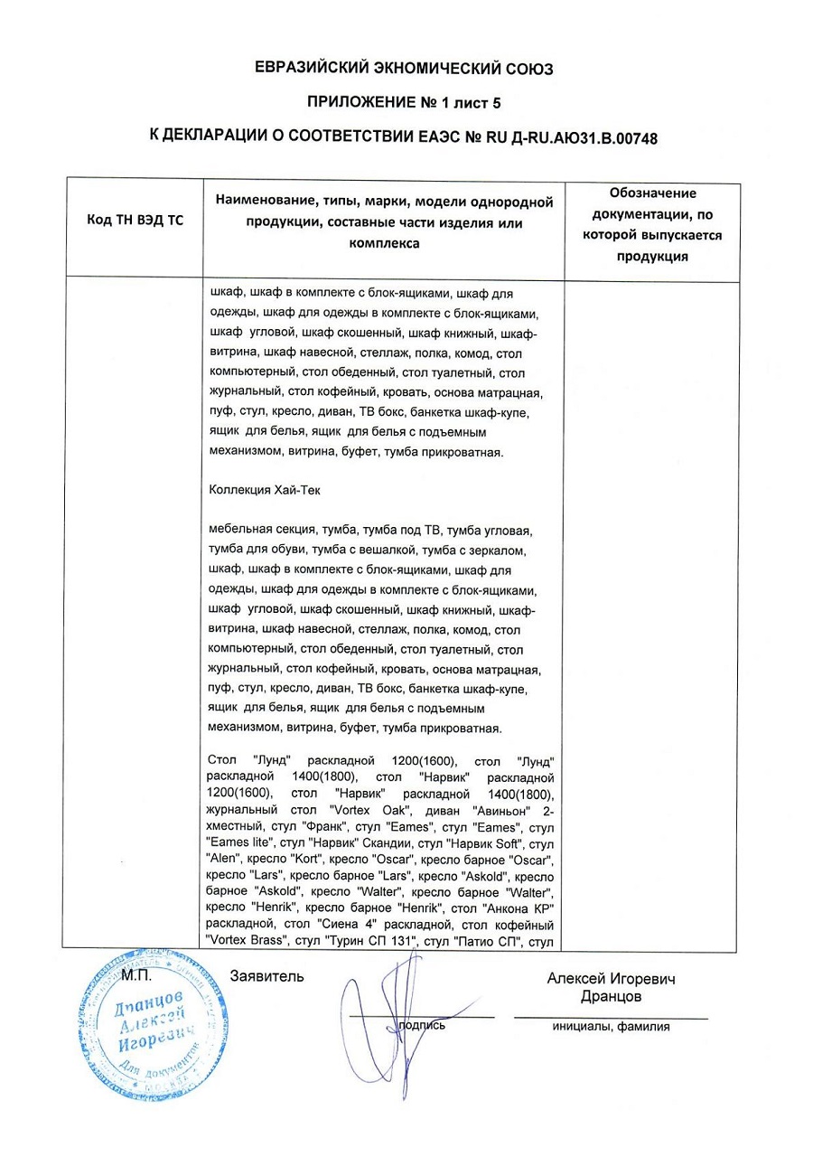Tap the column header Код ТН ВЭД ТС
tap(134, 221)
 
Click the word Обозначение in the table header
tap(652, 193)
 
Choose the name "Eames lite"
tap(238, 843)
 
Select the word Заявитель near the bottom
tap(267, 977)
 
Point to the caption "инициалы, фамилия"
tap(612, 1027)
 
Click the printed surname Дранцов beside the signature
tap(611, 996)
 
